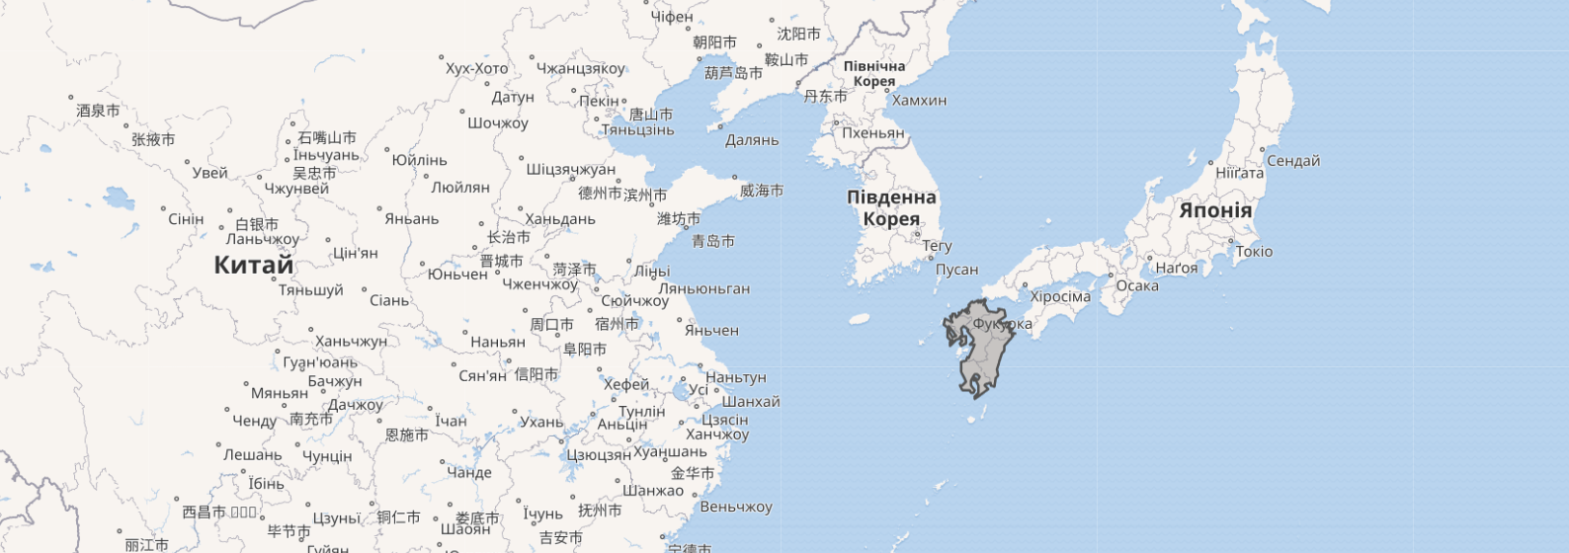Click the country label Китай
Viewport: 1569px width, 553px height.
pyautogui.click(x=254, y=265)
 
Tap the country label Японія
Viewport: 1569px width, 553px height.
pyautogui.click(x=1214, y=210)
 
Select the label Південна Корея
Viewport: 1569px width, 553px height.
pyautogui.click(x=891, y=207)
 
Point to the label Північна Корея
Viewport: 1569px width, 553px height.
pyautogui.click(x=874, y=74)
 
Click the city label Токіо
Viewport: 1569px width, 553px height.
pyautogui.click(x=1254, y=252)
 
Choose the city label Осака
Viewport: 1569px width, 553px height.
pyautogui.click(x=1136, y=286)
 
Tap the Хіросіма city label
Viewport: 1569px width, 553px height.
pyautogui.click(x=1060, y=296)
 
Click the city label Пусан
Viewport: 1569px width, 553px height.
pyautogui.click(x=956, y=270)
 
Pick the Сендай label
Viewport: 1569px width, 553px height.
pyautogui.click(x=1292, y=161)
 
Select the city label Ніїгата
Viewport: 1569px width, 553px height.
pyautogui.click(x=1239, y=173)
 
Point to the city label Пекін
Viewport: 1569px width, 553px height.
pyautogui.click(x=599, y=101)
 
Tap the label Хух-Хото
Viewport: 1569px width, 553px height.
pyautogui.click(x=476, y=69)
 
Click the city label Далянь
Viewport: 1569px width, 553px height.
pyautogui.click(x=752, y=140)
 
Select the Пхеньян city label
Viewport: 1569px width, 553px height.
pyautogui.click(x=872, y=133)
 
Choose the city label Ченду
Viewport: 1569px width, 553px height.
pyautogui.click(x=254, y=422)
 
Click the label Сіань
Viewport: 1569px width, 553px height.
pyautogui.click(x=389, y=300)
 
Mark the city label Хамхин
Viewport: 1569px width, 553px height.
pyautogui.click(x=919, y=101)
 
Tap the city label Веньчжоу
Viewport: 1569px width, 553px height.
pyautogui.click(x=735, y=508)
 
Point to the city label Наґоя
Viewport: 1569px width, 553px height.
pyautogui.click(x=1176, y=268)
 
